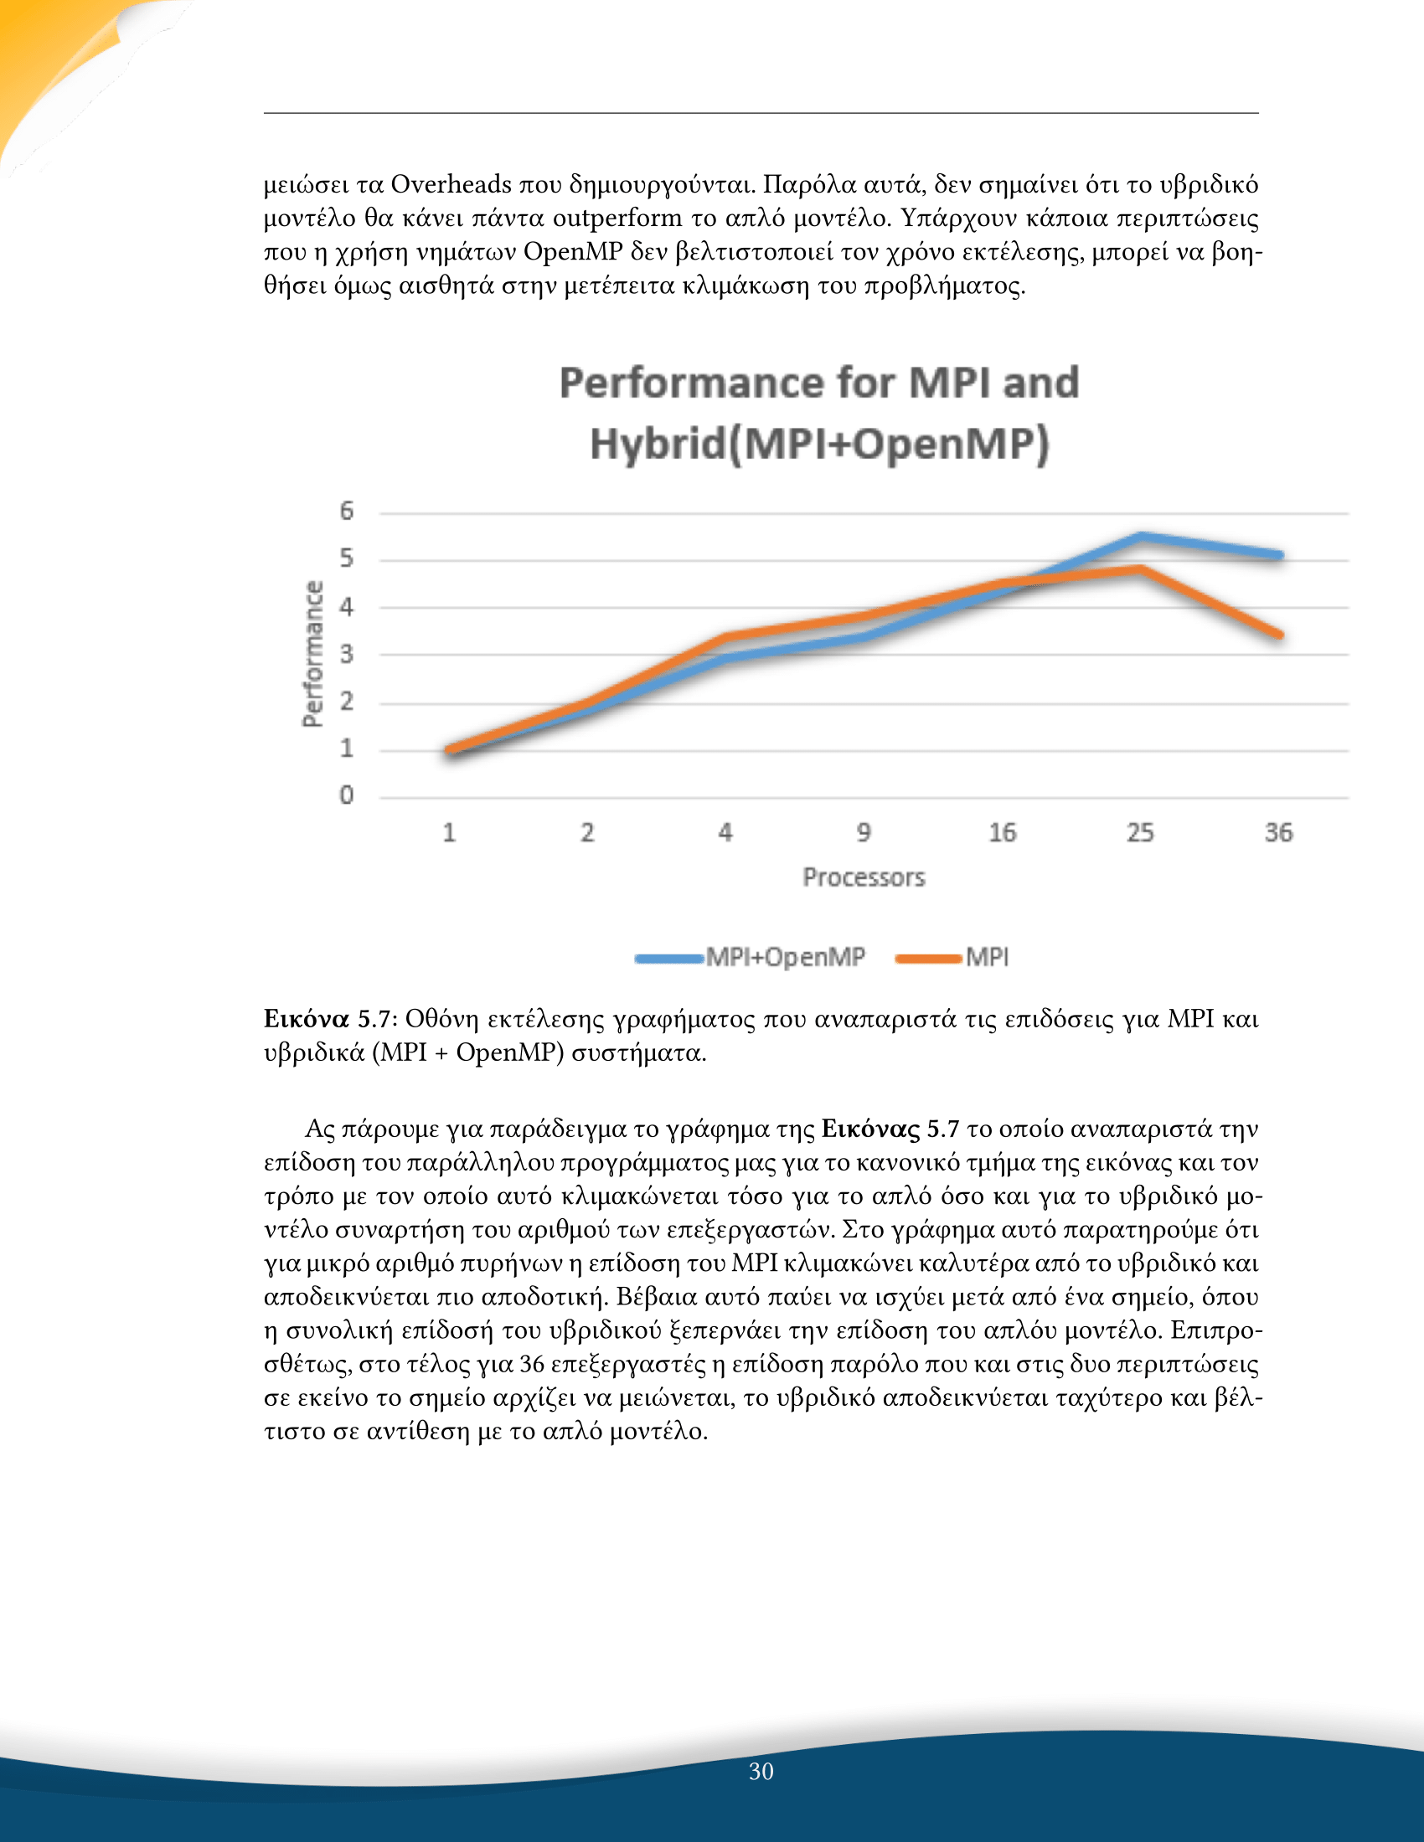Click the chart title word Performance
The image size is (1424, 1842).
click(x=693, y=383)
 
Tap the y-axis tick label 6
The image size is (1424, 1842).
click(x=346, y=510)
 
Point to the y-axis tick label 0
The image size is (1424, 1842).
click(x=346, y=795)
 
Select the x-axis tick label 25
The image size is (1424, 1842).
click(x=1140, y=833)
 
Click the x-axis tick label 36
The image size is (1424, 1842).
click(x=1278, y=833)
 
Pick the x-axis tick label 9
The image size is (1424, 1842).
click(x=864, y=833)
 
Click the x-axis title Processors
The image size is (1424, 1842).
click(x=864, y=878)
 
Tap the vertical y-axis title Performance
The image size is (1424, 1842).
click(x=313, y=654)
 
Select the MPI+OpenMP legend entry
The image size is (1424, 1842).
click(x=751, y=957)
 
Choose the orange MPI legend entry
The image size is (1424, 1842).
click(x=952, y=957)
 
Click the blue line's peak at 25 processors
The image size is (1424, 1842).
click(x=1141, y=537)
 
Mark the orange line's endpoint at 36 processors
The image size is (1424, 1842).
click(x=1279, y=635)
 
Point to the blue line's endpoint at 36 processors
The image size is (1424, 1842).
click(x=1279, y=555)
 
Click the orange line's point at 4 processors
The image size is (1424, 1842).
click(x=726, y=637)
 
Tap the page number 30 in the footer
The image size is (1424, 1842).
click(x=761, y=1772)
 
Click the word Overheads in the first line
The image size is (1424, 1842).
click(x=451, y=185)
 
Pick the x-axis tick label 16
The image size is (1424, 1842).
click(x=1002, y=833)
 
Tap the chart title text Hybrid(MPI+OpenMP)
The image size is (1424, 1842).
click(x=819, y=445)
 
